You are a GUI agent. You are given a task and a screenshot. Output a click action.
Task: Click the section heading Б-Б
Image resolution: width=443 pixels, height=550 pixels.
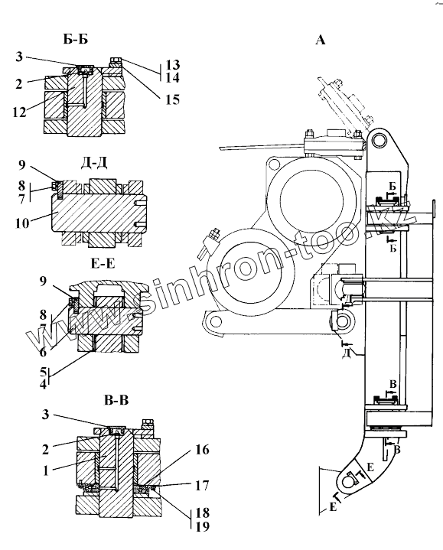coord(76,39)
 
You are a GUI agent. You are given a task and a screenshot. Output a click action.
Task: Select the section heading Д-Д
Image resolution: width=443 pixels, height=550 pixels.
coord(93,162)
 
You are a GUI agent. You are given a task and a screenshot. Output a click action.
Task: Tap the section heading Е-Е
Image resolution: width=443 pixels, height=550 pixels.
coord(103,262)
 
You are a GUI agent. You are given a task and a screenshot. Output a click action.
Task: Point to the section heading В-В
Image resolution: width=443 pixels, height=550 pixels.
coord(116,400)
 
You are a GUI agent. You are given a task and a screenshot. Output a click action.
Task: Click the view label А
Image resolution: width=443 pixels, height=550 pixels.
coord(321,40)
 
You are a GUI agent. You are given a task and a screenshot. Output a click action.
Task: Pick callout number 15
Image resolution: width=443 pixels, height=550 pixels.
coord(173,99)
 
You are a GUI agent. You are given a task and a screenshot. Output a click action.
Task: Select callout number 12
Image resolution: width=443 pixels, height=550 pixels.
coord(20,112)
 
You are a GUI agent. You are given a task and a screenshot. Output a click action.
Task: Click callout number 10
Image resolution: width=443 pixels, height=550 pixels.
coord(22,223)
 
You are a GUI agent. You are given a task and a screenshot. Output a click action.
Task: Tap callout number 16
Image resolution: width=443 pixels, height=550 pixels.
coord(202,450)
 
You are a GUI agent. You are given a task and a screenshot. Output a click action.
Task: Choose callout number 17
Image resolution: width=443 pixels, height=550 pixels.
coord(202,486)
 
